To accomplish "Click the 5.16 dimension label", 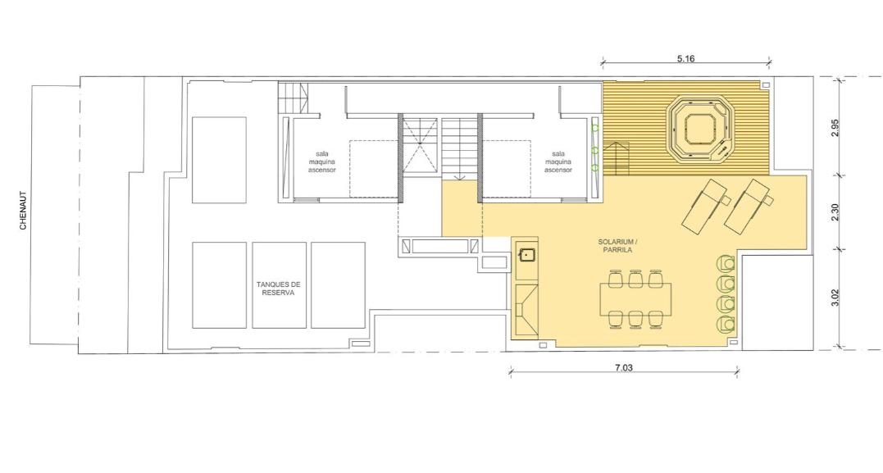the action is tap(685, 58).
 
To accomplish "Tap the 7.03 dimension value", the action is tap(623, 368).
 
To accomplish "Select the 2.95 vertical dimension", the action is tap(835, 127).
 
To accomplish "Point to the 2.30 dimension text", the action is tap(835, 212).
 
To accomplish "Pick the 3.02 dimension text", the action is tap(835, 298).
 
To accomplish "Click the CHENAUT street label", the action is tap(23, 211).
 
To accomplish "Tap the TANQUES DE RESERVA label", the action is tap(279, 289).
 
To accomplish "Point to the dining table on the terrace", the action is tap(635, 298).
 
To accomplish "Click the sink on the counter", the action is tap(527, 255).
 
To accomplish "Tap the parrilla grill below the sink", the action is tap(526, 310).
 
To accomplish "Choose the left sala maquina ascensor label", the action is tap(322, 161).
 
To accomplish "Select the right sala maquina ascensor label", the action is tap(558, 161).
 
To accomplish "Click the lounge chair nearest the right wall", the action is tap(749, 206).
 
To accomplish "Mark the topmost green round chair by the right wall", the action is tap(726, 263).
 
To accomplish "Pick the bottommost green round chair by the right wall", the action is tap(726, 323).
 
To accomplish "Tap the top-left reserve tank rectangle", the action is tap(220, 159).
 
